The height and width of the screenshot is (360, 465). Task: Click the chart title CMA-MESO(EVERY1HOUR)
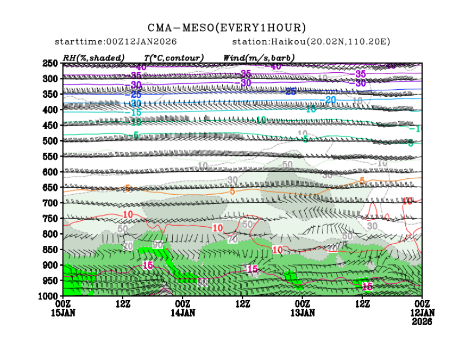[x=227, y=27]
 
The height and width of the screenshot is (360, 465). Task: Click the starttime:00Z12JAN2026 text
[x=116, y=42]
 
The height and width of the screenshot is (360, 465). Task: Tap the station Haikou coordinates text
[x=311, y=42]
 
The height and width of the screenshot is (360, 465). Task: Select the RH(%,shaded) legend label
[x=93, y=58]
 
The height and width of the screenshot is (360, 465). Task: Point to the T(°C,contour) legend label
[x=174, y=58]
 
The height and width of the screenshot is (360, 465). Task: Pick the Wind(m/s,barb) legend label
[x=259, y=58]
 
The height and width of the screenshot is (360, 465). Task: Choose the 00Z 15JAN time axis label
[x=64, y=308]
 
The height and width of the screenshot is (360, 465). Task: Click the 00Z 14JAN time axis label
[x=183, y=308]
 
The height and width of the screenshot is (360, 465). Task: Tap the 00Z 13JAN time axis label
[x=303, y=308]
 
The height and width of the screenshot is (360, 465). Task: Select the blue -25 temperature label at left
[x=135, y=94]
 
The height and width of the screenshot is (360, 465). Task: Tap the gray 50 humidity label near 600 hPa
[x=287, y=164]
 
